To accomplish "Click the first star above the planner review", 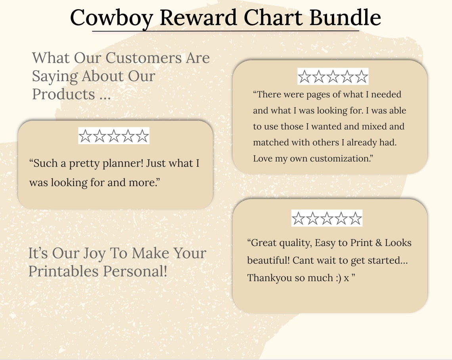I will click(x=85, y=136).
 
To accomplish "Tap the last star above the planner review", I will click(x=142, y=136).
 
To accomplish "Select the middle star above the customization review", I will click(x=333, y=77).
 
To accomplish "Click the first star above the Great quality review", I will click(x=298, y=218).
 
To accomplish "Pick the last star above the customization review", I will click(x=361, y=77).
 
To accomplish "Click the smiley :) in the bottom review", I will click(x=337, y=278).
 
